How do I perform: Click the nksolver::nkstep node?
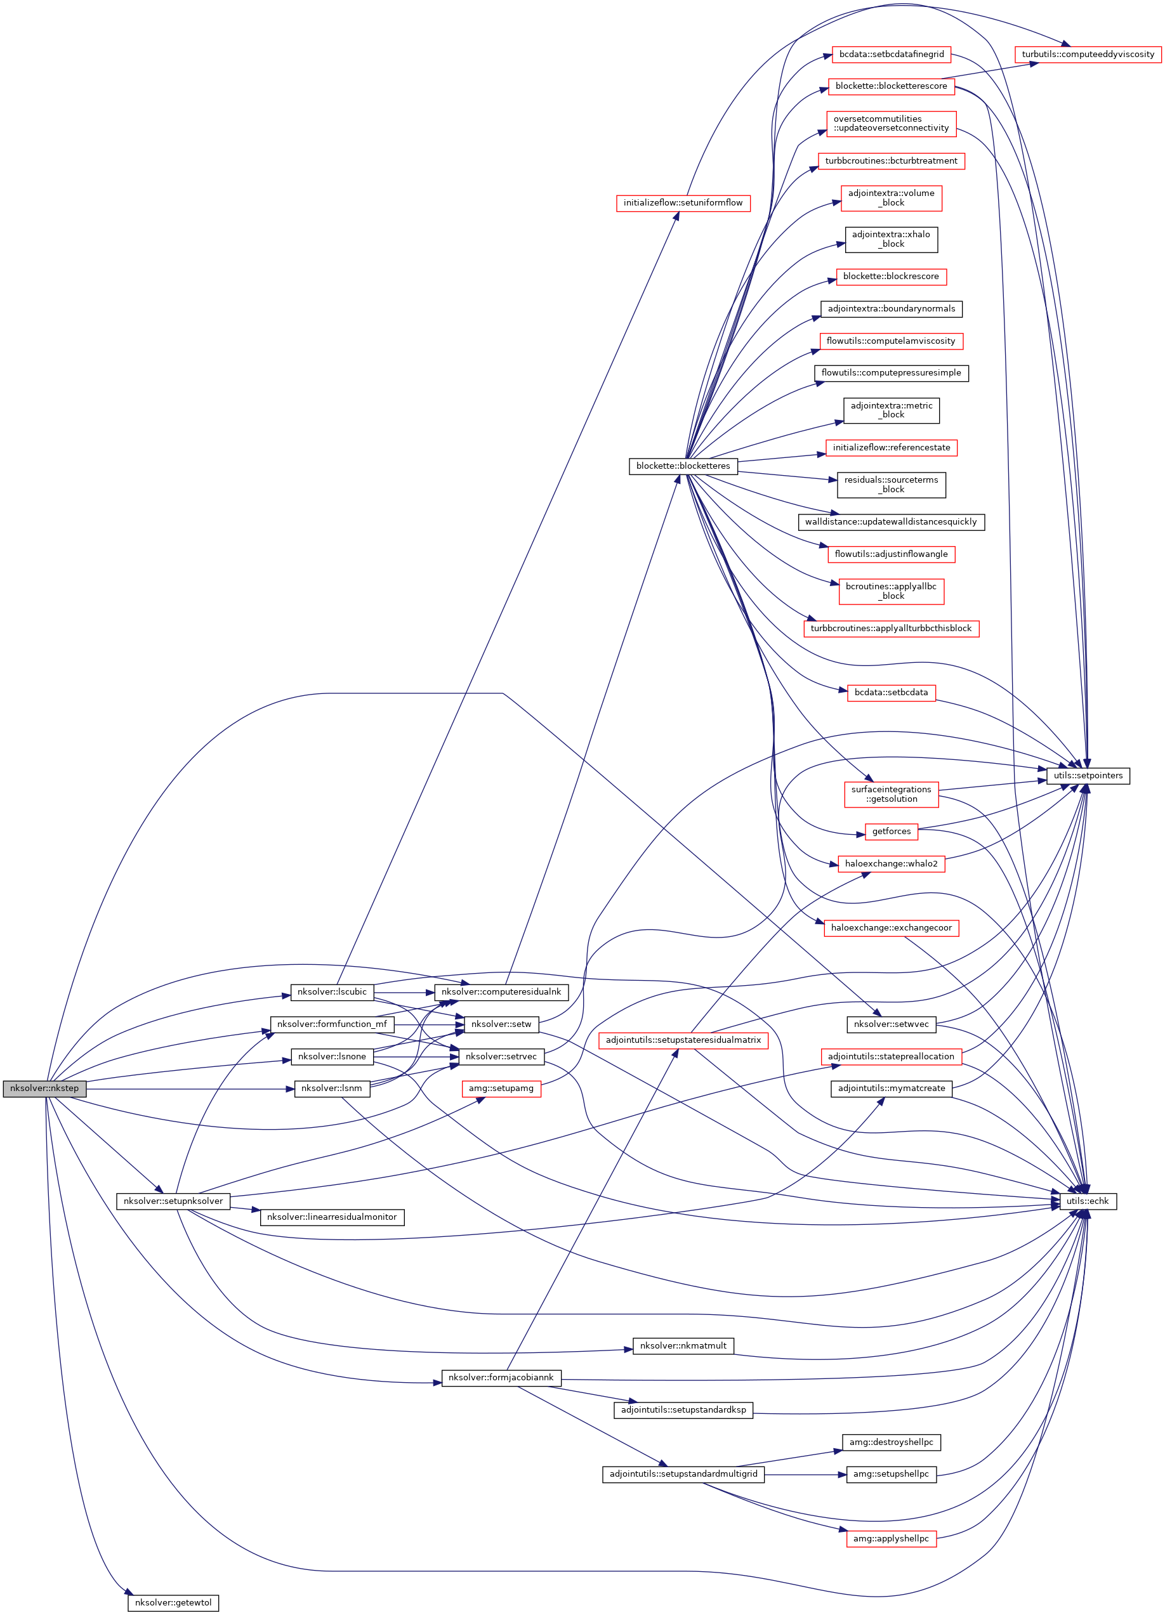click(x=44, y=1088)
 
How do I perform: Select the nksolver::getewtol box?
click(x=173, y=1602)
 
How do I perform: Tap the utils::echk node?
click(x=1088, y=1201)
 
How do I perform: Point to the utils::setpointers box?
click(x=1088, y=775)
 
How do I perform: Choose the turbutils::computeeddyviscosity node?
click(x=1088, y=54)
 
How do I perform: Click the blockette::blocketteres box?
click(x=683, y=466)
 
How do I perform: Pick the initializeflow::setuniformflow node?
click(x=683, y=203)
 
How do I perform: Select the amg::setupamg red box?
click(x=501, y=1088)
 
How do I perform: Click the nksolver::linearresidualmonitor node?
click(x=332, y=1217)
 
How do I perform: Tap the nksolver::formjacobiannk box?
click(x=501, y=1377)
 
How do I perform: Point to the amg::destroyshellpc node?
click(x=891, y=1442)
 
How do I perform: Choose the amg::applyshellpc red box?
click(x=891, y=1538)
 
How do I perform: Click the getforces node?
click(x=891, y=831)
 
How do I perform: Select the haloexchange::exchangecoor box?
click(x=891, y=928)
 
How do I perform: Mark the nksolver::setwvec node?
click(x=891, y=1024)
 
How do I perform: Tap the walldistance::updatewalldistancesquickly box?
click(x=891, y=522)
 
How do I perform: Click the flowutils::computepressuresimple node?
click(x=891, y=373)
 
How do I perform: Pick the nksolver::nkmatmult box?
click(x=683, y=1345)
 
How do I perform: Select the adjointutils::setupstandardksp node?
click(x=683, y=1409)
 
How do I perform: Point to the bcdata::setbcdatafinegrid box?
click(x=891, y=54)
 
